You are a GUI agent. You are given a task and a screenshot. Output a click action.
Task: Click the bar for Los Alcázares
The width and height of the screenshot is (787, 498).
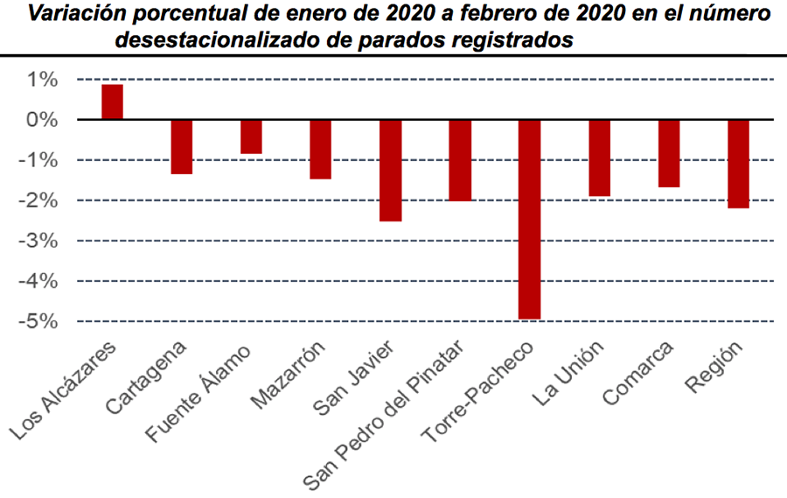click(x=112, y=102)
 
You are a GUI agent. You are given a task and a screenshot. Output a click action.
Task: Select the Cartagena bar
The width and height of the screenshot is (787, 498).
click(x=182, y=146)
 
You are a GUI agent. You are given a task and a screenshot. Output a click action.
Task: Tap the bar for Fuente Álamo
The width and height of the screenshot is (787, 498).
click(x=252, y=137)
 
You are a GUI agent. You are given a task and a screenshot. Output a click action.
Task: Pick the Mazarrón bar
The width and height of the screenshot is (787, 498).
click(x=321, y=149)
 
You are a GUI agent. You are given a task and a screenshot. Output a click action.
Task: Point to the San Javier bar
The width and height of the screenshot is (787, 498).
click(x=391, y=170)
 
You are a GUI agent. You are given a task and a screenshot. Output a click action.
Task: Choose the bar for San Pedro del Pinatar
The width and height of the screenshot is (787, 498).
click(x=461, y=160)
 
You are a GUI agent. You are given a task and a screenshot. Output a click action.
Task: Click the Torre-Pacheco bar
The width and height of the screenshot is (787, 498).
click(x=530, y=219)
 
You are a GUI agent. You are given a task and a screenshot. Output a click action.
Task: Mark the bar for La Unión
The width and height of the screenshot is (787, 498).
click(x=600, y=158)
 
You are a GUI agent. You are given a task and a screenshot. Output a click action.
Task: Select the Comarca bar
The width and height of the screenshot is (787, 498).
click(x=669, y=153)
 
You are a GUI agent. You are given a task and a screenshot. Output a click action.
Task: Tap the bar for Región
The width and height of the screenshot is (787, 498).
click(x=739, y=164)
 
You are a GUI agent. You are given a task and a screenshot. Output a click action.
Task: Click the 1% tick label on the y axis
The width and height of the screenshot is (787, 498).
click(x=40, y=81)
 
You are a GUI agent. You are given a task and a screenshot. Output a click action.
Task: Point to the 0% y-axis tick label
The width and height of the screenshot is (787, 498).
click(x=40, y=120)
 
